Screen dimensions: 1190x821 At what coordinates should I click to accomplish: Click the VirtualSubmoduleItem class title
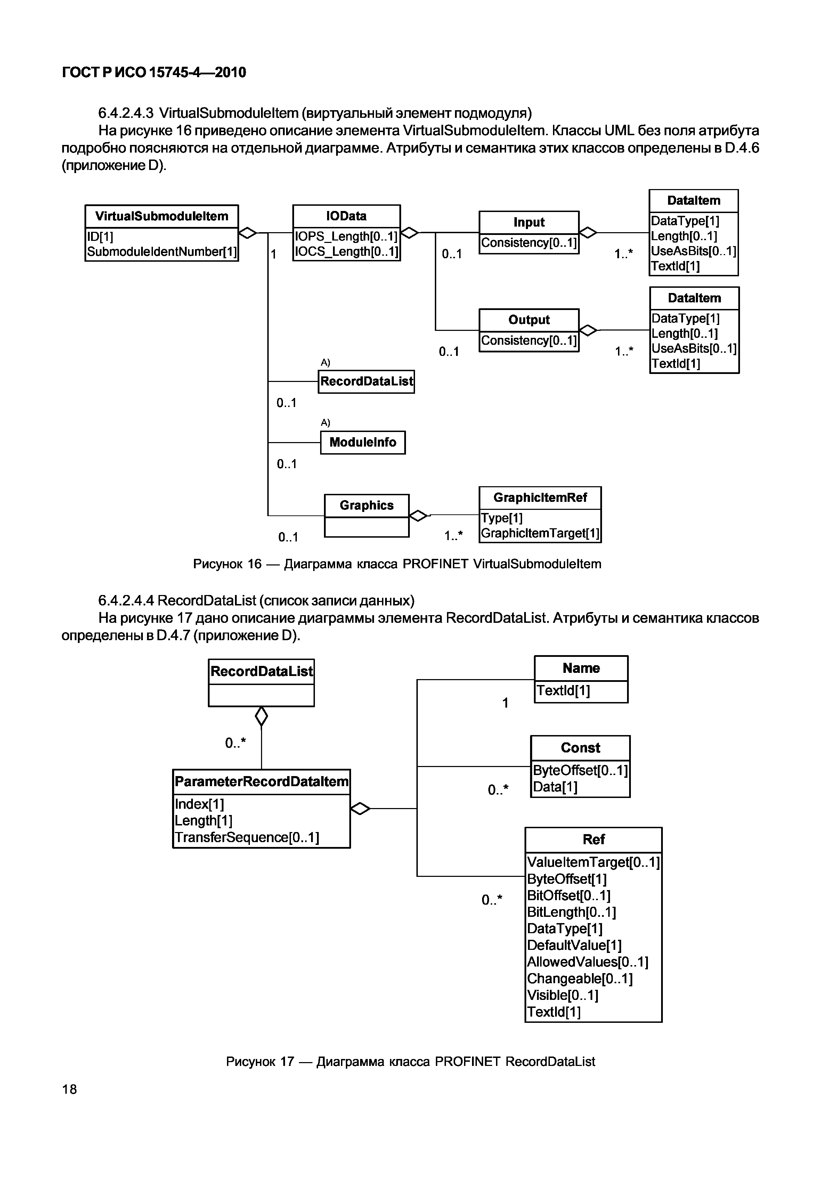(162, 217)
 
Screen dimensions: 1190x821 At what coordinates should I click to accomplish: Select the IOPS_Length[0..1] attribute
(346, 237)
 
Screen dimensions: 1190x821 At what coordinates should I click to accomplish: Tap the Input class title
(529, 223)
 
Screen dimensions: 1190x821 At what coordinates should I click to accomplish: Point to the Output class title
(529, 320)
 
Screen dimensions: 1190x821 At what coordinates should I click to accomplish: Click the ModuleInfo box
(363, 442)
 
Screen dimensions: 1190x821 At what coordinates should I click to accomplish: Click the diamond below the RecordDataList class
(261, 716)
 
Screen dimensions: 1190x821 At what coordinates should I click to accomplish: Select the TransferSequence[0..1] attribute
(247, 838)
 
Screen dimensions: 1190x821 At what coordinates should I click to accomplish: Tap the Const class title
(580, 748)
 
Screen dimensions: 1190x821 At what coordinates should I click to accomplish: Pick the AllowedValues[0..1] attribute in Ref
(587, 962)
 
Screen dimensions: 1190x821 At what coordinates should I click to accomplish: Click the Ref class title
(593, 839)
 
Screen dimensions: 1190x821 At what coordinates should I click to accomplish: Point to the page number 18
(70, 1089)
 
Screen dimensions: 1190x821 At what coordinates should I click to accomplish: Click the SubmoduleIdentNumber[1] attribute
(162, 252)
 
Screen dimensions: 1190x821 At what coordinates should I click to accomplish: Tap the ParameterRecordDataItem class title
(261, 782)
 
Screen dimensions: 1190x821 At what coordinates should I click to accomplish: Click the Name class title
(581, 668)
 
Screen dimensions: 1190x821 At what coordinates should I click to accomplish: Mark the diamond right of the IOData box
(409, 233)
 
